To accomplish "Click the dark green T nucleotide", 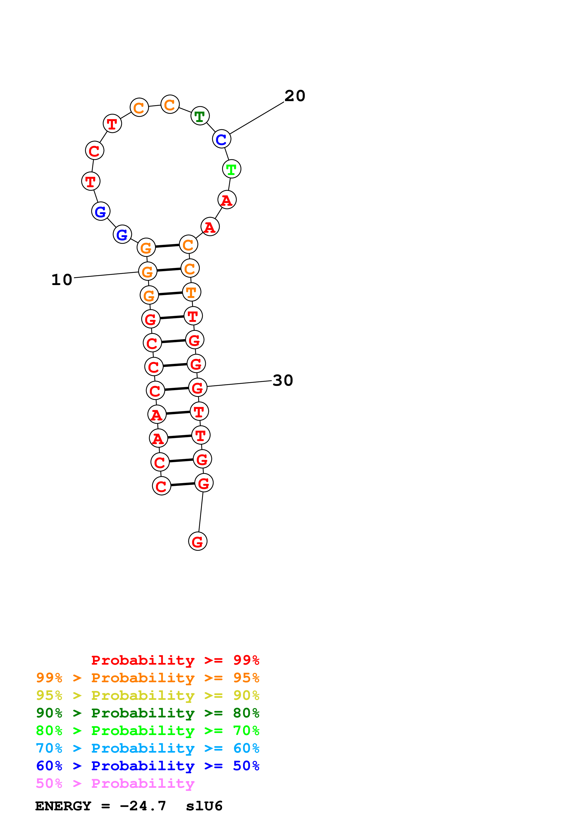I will pyautogui.click(x=200, y=116).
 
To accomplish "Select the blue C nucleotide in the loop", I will pyautogui.click(x=221, y=139).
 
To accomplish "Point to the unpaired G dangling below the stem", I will pyautogui.click(x=198, y=542).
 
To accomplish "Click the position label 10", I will pyautogui.click(x=62, y=280).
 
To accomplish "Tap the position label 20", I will pyautogui.click(x=295, y=96).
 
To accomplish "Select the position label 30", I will pyautogui.click(x=283, y=380).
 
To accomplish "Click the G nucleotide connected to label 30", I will pyautogui.click(x=198, y=388).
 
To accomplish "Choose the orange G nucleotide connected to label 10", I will pyautogui.click(x=148, y=271).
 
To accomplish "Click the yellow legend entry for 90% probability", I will pyautogui.click(x=147, y=695).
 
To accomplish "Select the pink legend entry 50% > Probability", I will pyautogui.click(x=115, y=784).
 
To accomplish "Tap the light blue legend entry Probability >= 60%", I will pyautogui.click(x=147, y=748).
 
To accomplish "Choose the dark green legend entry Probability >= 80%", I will pyautogui.click(x=147, y=713).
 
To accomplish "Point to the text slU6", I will pyautogui.click(x=204, y=806).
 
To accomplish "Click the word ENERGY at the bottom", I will pyautogui.click(x=63, y=806).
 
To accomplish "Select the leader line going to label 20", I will pyautogui.click(x=257, y=118).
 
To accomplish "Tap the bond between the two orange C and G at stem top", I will pyautogui.click(x=167, y=246).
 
